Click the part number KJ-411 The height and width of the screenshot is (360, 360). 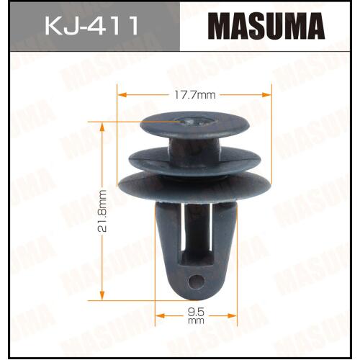[91, 26]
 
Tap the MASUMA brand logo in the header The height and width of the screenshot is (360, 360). [266, 26]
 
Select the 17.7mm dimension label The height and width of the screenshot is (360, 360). [194, 95]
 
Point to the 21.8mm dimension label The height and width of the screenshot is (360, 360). [102, 211]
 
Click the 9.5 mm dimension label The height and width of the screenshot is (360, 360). [196, 316]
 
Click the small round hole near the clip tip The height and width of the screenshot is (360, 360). [197, 281]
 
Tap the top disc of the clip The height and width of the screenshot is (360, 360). [195, 125]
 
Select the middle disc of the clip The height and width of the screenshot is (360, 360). [194, 161]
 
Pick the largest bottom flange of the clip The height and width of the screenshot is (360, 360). [195, 187]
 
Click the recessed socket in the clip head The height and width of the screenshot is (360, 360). [195, 121]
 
